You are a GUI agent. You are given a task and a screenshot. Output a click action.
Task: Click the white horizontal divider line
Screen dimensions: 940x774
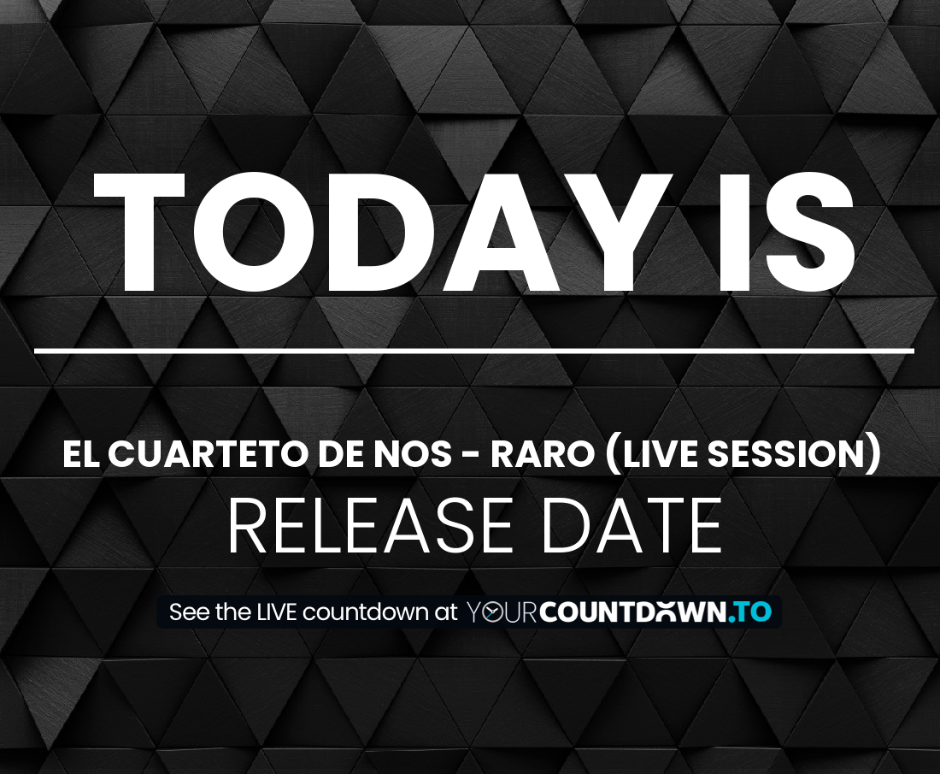(474, 350)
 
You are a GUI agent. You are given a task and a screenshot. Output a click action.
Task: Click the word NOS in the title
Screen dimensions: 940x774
(413, 453)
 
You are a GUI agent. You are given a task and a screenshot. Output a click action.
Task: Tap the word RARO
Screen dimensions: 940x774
(542, 453)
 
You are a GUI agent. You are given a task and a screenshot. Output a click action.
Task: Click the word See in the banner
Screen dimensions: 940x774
(190, 612)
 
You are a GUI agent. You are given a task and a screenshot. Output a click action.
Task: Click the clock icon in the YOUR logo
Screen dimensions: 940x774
(492, 612)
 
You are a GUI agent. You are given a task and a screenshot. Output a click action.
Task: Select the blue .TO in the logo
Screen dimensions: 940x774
(750, 612)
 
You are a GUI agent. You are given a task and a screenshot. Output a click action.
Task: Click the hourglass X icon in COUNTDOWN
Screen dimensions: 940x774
(666, 612)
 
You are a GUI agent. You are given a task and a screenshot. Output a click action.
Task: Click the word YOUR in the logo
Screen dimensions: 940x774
(501, 612)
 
